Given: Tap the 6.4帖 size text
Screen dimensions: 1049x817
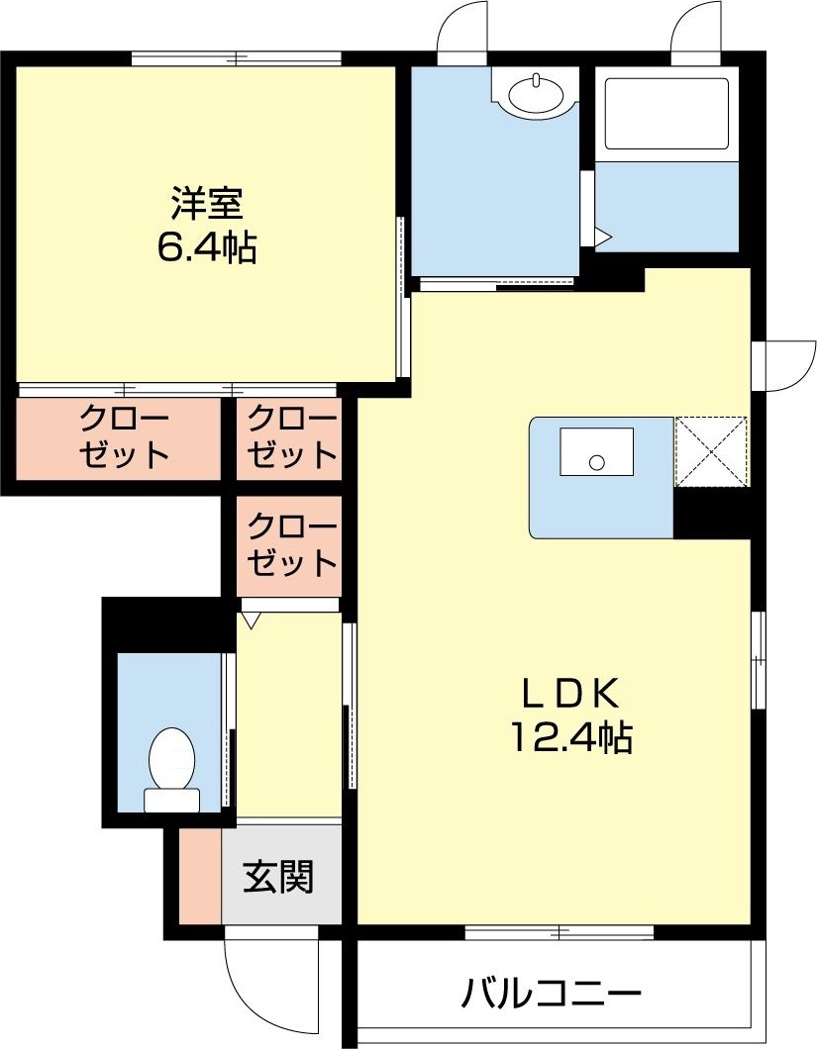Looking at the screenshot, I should (206, 247).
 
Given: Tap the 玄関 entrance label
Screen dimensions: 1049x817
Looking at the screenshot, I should (279, 876).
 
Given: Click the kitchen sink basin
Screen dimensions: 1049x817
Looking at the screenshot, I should (596, 452).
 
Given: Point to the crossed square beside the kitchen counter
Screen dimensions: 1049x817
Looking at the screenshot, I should (711, 451).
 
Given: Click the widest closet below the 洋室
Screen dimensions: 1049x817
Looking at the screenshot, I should (119, 438).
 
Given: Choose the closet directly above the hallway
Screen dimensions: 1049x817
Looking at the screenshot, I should (289, 546).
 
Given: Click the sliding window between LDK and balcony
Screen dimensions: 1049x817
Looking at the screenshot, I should (560, 931).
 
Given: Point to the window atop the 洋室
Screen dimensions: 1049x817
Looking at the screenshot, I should (238, 58).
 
